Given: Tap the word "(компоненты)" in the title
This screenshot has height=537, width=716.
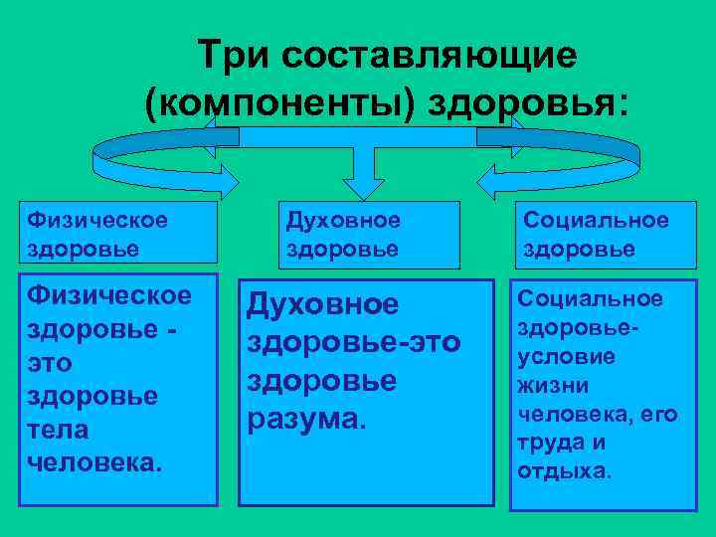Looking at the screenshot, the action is point(277,103).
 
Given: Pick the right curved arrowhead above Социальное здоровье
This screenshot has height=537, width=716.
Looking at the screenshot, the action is point(497,180).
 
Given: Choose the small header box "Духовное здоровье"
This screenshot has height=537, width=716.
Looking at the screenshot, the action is point(373,234).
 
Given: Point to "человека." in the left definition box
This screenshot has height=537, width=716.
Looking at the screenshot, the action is point(94,461).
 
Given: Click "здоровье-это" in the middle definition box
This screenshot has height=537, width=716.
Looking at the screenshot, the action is point(353,343).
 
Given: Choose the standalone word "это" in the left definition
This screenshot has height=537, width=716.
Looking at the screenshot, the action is point(51,362).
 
